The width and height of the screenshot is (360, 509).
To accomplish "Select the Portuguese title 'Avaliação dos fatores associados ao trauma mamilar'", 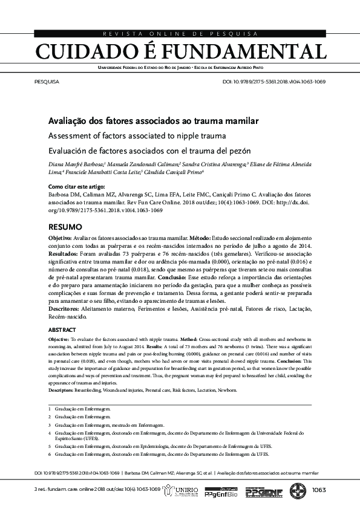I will pos(153,121).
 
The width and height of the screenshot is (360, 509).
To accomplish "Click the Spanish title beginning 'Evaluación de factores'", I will pos(149,151).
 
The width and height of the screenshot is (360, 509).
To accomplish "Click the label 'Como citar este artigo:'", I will pos(76,187).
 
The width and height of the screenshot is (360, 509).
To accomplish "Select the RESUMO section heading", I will pos(65,227).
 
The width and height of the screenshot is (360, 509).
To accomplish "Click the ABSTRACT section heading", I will pos(62,330).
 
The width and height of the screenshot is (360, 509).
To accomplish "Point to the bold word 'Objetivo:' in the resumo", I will pos(61,240).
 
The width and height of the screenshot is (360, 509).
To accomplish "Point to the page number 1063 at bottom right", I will pos(319,490).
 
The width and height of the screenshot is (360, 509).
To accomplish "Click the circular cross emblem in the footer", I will pos(298,490).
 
